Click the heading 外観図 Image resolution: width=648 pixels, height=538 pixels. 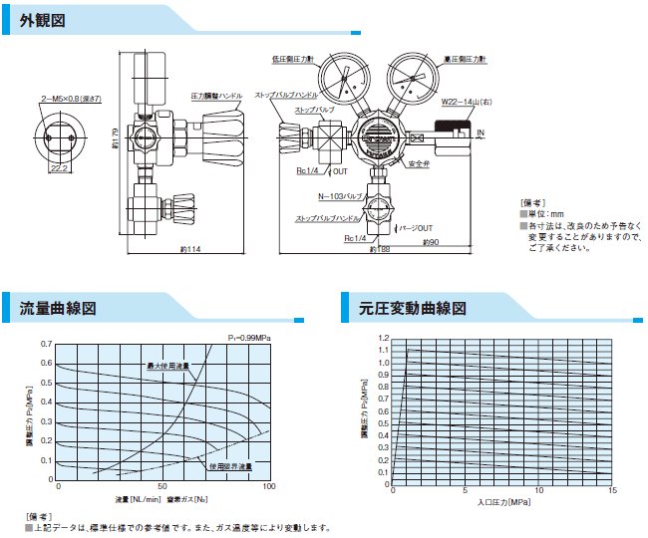[x=43, y=20]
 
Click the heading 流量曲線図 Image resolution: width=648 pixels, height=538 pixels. [x=59, y=308]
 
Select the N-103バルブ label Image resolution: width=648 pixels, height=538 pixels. [x=337, y=196]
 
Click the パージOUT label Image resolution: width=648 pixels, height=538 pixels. [x=417, y=228]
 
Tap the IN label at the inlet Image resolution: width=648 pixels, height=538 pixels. [x=481, y=132]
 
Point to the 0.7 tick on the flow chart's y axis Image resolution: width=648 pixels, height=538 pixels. [x=47, y=345]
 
